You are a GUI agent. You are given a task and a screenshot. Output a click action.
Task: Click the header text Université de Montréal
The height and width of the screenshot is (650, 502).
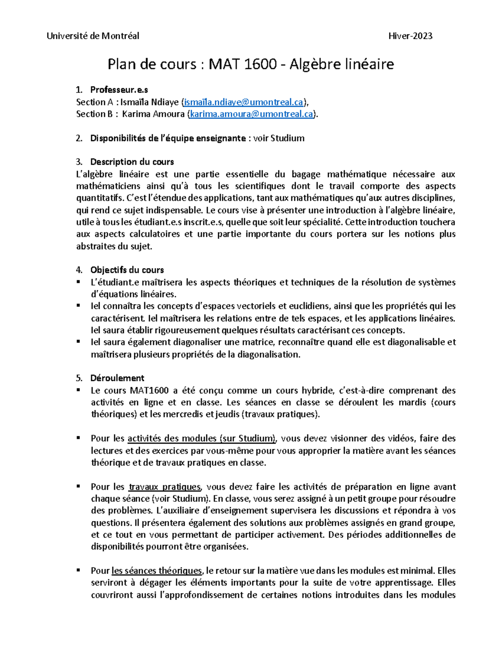coord(93,36)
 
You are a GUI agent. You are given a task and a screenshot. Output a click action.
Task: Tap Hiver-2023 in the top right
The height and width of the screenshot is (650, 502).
coord(410,36)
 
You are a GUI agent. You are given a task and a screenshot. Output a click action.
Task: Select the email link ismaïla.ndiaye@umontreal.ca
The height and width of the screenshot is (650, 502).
coord(243,102)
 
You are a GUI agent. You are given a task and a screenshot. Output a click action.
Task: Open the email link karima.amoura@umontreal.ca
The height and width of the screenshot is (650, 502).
coord(251,114)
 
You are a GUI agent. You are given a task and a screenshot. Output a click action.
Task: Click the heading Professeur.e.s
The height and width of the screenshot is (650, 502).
coord(119,90)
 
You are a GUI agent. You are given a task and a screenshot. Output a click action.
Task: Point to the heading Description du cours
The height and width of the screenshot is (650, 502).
coord(132,162)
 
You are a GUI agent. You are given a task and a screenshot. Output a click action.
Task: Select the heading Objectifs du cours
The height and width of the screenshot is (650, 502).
coord(127,270)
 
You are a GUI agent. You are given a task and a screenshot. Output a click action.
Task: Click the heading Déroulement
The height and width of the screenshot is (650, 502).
coord(117,378)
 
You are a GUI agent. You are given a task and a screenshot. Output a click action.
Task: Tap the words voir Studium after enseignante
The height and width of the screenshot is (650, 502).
coord(279,139)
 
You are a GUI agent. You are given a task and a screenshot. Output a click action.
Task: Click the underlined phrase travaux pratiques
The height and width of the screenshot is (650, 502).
coord(165,487)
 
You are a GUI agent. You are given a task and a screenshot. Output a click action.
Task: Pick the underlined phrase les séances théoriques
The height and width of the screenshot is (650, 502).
coord(157,571)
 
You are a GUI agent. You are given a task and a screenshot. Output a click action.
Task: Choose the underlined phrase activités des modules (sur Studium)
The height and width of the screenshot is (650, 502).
coord(202,439)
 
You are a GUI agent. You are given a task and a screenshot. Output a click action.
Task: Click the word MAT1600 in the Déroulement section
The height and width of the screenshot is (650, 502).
coord(149,391)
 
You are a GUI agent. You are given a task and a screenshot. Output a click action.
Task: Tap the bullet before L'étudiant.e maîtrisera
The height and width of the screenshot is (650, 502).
coord(78,282)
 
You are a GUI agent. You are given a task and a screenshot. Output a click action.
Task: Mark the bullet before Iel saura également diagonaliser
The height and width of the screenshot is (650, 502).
coord(78,342)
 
